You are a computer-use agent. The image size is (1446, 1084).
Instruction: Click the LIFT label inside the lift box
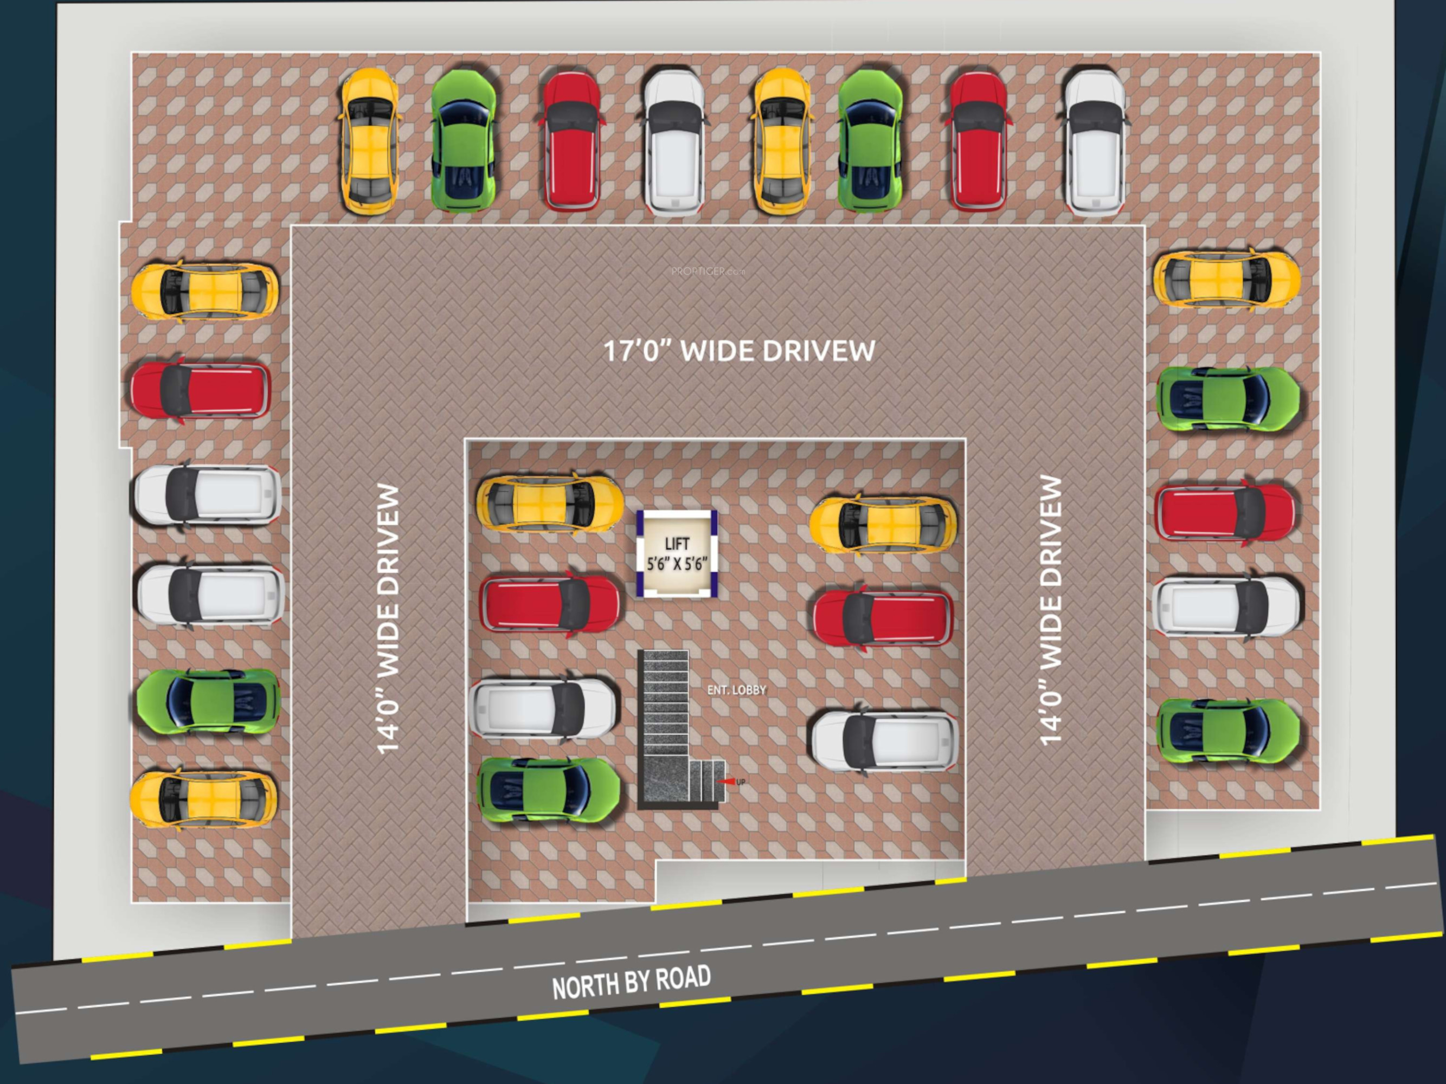[x=677, y=544]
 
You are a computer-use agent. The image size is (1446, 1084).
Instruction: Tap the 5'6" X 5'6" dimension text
[x=677, y=564]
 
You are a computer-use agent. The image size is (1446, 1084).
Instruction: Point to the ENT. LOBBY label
[x=736, y=690]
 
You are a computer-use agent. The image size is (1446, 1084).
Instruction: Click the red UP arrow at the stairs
[x=725, y=782]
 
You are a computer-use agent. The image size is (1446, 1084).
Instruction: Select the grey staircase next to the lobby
[x=664, y=725]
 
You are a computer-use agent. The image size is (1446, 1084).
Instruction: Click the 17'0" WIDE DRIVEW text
[x=738, y=351]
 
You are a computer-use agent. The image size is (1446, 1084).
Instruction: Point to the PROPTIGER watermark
[x=708, y=271]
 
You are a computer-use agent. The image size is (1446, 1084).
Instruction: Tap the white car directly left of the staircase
[x=543, y=708]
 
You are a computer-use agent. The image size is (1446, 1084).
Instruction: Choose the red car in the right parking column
[x=1224, y=512]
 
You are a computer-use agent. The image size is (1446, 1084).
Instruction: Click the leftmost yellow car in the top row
[x=369, y=140]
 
